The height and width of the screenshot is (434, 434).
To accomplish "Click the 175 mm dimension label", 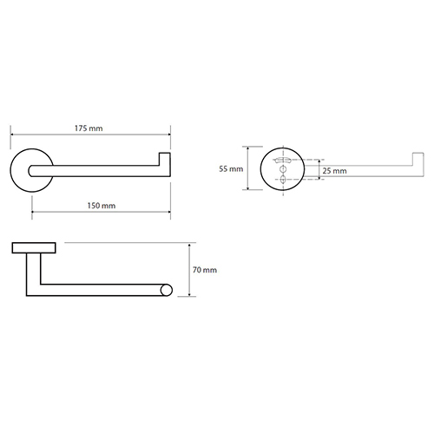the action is pyautogui.click(x=89, y=128).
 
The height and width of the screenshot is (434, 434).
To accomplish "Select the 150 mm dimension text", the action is pyautogui.click(x=102, y=206).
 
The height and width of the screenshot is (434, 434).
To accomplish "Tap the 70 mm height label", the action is pyautogui.click(x=205, y=270).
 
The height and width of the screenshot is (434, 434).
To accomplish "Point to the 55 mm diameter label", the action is pyautogui.click(x=231, y=168).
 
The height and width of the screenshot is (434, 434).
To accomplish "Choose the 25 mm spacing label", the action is pyautogui.click(x=334, y=171).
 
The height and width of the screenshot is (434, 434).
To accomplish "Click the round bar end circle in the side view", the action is pyautogui.click(x=167, y=290).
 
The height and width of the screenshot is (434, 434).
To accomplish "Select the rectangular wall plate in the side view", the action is pyautogui.click(x=34, y=248).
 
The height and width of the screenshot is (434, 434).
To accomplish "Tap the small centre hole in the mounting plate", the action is pyautogui.click(x=283, y=169).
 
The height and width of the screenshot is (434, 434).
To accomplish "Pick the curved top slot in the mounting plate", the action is pyautogui.click(x=283, y=160).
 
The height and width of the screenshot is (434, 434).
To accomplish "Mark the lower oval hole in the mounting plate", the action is pyautogui.click(x=283, y=179).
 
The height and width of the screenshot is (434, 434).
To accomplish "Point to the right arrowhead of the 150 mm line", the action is pyautogui.click(x=168, y=212).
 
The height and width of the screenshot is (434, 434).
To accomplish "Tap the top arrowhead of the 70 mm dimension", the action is pyautogui.click(x=189, y=246).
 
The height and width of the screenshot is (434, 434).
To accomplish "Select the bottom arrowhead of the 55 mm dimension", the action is pyautogui.click(x=248, y=187).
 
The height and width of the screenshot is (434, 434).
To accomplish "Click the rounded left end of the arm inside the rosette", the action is pyautogui.click(x=30, y=171).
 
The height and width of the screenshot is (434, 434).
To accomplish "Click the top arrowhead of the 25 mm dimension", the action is pyautogui.click(x=319, y=161).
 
